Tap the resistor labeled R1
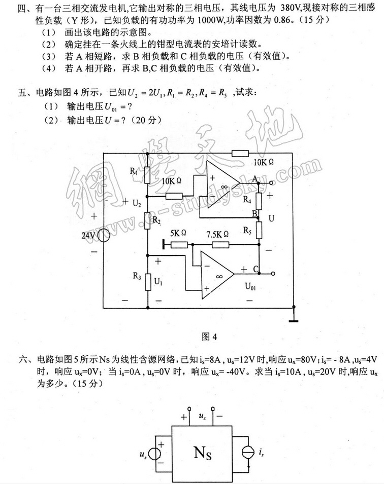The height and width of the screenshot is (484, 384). (x=147, y=175)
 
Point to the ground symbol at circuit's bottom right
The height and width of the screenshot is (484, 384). (x=294, y=319)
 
